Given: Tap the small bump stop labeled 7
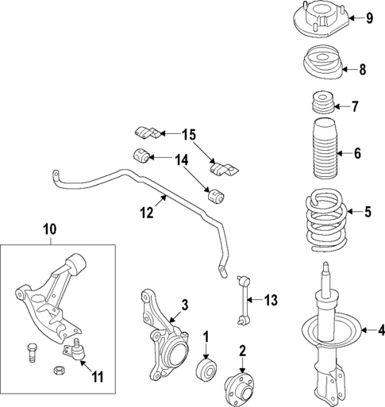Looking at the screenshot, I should [x=321, y=106].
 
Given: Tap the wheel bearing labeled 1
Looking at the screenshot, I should [x=207, y=370].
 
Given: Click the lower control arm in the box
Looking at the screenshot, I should [x=52, y=298].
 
